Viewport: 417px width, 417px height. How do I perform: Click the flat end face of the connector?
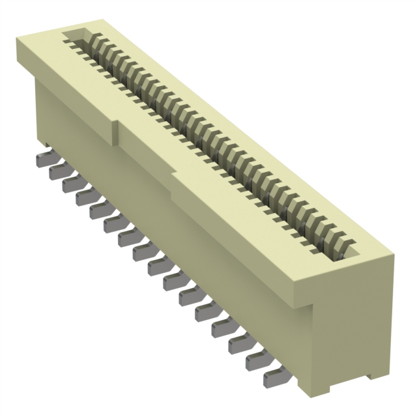tap(352, 326)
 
